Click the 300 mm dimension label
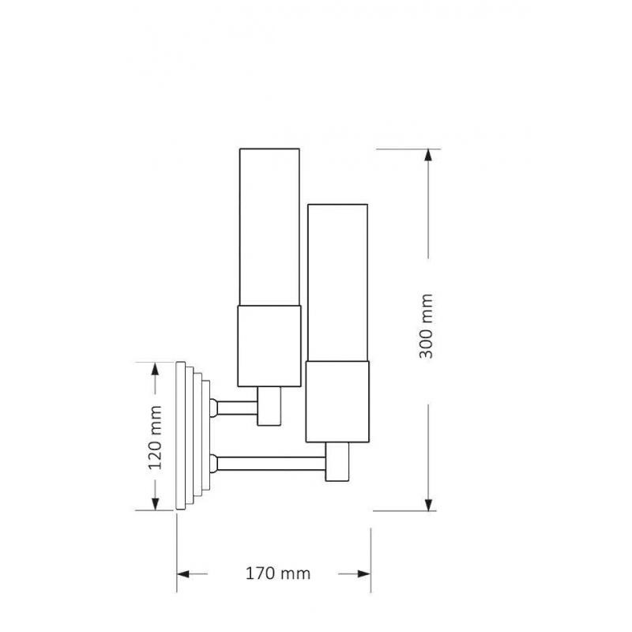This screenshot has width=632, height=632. click(426, 326)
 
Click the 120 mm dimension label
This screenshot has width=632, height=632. click(155, 438)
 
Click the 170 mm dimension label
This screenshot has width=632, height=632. click(278, 574)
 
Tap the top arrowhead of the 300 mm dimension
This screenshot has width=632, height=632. click(428, 155)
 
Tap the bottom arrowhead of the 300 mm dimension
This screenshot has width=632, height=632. click(428, 504)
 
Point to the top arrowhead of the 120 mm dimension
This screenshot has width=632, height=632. click(155, 369)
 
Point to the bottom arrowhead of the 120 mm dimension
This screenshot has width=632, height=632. click(155, 503)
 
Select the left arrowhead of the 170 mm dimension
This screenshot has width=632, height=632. click(183, 574)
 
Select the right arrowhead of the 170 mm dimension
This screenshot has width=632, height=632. click(364, 574)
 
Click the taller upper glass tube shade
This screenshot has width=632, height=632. click(269, 227)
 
